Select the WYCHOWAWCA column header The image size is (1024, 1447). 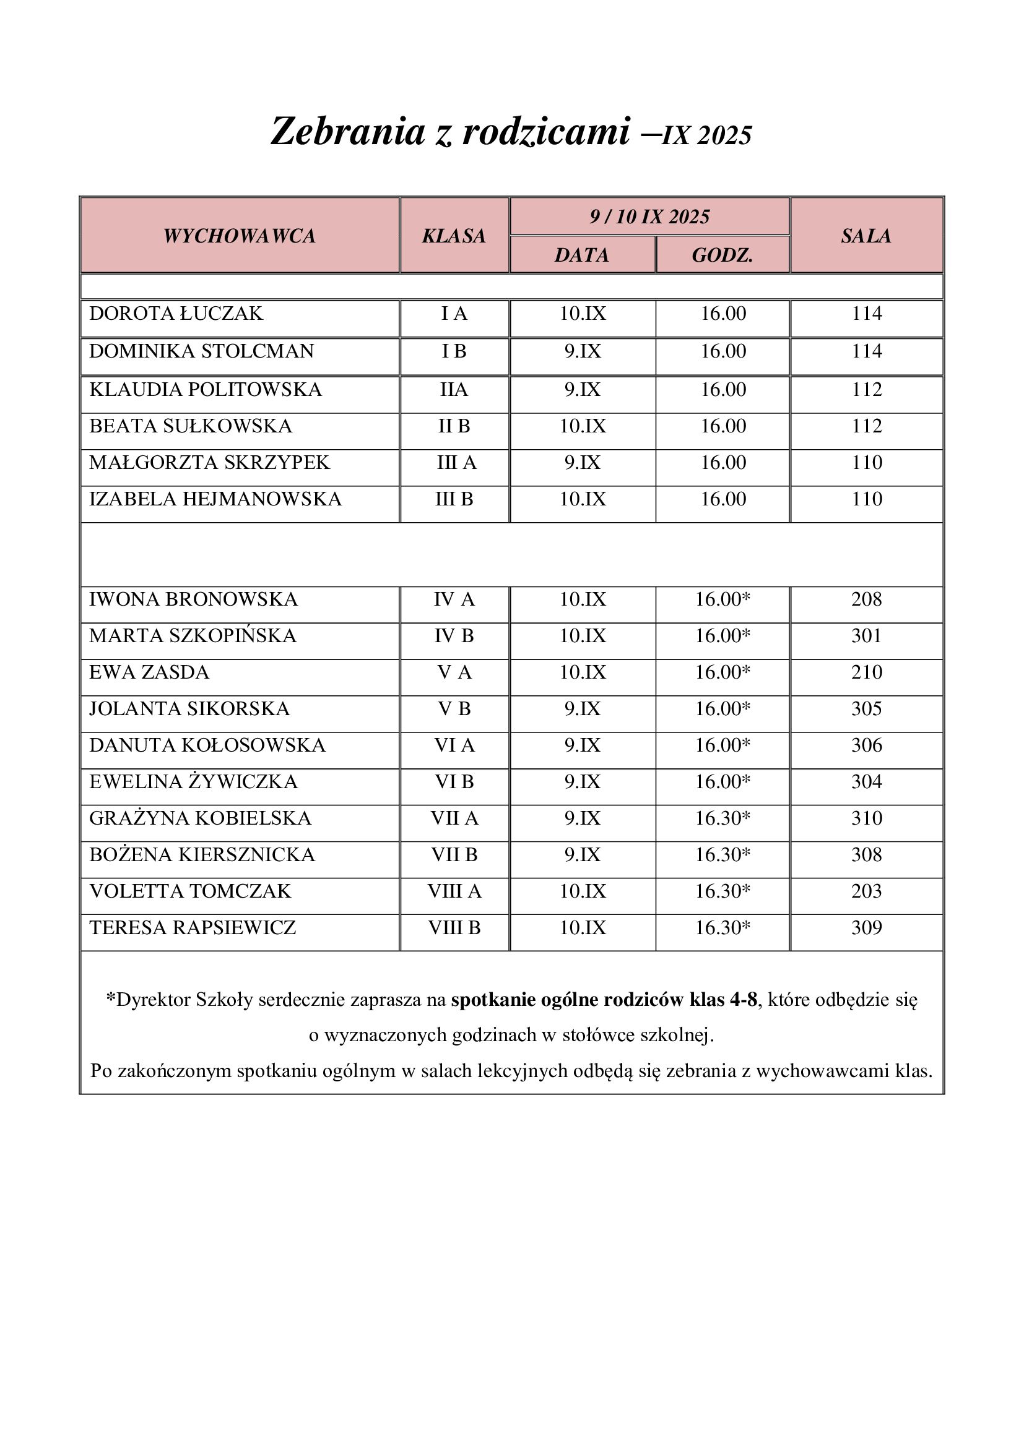(240, 236)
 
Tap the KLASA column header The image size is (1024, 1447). (454, 236)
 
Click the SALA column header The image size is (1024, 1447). (866, 236)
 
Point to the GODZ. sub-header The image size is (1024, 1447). (722, 255)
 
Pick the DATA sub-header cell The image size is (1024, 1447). (582, 255)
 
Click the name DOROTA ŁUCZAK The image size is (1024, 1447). (176, 313)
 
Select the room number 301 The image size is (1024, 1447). (866, 635)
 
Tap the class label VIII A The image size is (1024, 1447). (454, 891)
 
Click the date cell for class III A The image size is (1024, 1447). (582, 463)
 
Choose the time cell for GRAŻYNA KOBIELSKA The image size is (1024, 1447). (722, 818)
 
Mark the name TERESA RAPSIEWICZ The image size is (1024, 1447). (193, 928)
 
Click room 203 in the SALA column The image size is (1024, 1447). (866, 891)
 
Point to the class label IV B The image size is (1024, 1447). (454, 635)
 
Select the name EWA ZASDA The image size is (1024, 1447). (149, 672)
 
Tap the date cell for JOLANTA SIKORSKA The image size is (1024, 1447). (582, 708)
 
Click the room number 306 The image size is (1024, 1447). (866, 745)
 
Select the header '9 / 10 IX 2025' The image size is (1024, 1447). (649, 217)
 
